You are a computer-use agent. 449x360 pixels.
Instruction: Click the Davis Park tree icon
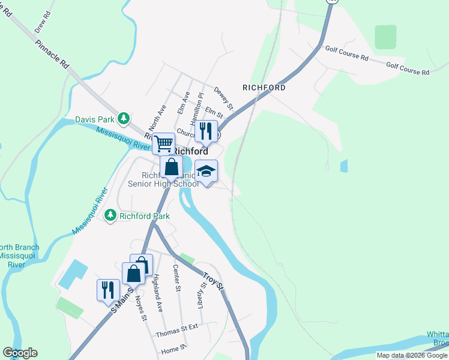pyautogui.click(x=124, y=118)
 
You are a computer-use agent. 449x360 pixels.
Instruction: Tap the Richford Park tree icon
pyautogui.click(x=110, y=215)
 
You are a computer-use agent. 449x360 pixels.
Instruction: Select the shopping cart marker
pyautogui.click(x=163, y=144)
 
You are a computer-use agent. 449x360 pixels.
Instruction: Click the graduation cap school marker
pyautogui.click(x=206, y=171)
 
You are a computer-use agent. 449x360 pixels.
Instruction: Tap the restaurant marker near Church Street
pyautogui.click(x=206, y=131)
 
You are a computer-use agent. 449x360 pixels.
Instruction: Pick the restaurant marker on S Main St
pyautogui.click(x=108, y=290)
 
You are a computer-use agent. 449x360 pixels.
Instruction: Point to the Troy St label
pyautogui.click(x=212, y=280)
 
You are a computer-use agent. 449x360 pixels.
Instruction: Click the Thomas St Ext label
pyautogui.click(x=176, y=334)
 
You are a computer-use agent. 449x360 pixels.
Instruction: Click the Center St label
pyautogui.click(x=176, y=278)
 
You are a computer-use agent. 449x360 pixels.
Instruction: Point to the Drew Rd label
pyautogui.click(x=41, y=24)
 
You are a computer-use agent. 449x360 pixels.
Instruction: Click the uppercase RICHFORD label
pyautogui.click(x=264, y=88)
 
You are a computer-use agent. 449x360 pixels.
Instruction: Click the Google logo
pyautogui.click(x=20, y=353)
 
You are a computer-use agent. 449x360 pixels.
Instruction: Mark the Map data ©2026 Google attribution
pyautogui.click(x=412, y=355)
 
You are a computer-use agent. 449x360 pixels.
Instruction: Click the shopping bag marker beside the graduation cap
pyautogui.click(x=172, y=167)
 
